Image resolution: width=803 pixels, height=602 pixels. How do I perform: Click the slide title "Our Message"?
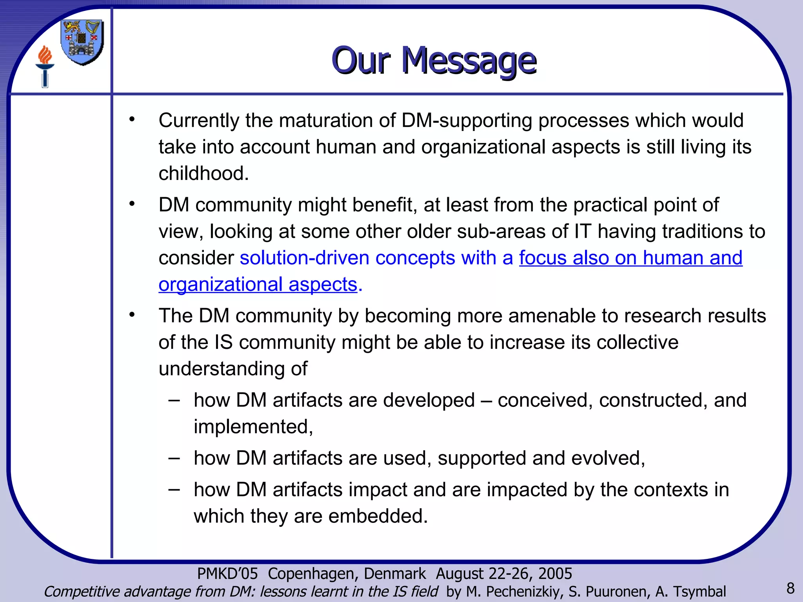pyautogui.click(x=434, y=60)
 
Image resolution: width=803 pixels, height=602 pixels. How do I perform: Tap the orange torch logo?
pyautogui.click(x=45, y=66)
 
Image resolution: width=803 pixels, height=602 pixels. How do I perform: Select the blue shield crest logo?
pyautogui.click(x=82, y=42)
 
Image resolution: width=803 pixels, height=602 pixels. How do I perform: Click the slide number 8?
pyautogui.click(x=790, y=588)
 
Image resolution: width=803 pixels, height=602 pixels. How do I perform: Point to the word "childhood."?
pyautogui.click(x=203, y=174)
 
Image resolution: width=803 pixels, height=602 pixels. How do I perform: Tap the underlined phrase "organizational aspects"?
pyautogui.click(x=258, y=285)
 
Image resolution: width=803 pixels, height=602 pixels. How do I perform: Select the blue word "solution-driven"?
pyautogui.click(x=305, y=258)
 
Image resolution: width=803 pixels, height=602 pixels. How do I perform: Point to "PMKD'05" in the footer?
pyautogui.click(x=227, y=573)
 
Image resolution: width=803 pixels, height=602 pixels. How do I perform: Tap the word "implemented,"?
pyautogui.click(x=253, y=427)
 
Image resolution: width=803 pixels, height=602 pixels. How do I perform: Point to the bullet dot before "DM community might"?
pyautogui.click(x=132, y=204)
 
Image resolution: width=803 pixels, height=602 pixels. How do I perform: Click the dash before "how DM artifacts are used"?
pyautogui.click(x=174, y=458)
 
